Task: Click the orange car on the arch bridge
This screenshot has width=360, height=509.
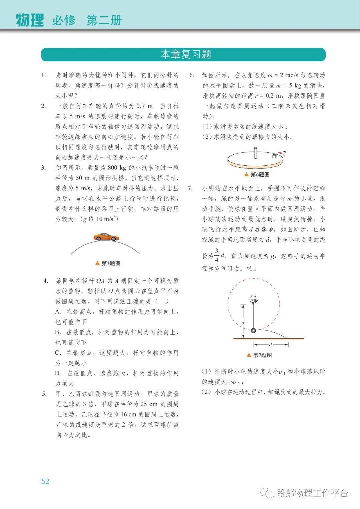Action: [106, 237]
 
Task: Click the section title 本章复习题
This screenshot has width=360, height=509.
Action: [186, 54]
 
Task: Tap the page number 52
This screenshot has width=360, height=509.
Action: [45, 481]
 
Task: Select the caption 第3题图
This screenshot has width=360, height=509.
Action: [111, 263]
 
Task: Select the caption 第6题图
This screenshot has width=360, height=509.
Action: [260, 174]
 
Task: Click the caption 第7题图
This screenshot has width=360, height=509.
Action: [262, 355]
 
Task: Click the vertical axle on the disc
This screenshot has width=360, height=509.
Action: [256, 152]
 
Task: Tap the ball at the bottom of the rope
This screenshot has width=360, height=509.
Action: [253, 330]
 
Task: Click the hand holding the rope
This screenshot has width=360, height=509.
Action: [254, 299]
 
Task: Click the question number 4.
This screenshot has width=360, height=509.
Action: [46, 281]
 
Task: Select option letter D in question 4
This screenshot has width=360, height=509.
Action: [58, 373]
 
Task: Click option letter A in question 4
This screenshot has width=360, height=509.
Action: [58, 312]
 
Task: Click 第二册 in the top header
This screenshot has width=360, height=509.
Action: [104, 20]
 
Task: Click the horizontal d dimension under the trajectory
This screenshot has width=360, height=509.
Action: [270, 344]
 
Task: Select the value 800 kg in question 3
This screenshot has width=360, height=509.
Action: [117, 168]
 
